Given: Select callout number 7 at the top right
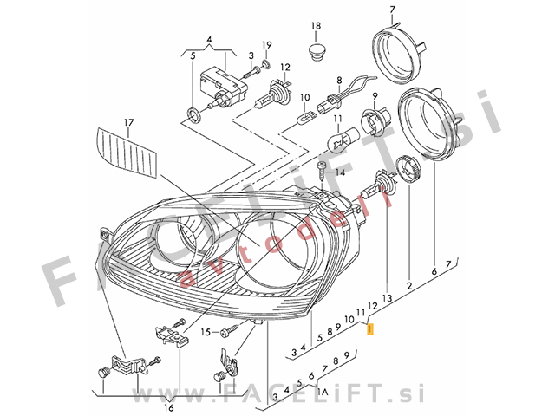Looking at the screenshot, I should click(x=392, y=10).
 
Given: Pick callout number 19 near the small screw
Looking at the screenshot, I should click(x=267, y=45).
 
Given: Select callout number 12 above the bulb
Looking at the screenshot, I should click(x=285, y=67).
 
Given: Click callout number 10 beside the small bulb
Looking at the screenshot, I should click(x=304, y=97).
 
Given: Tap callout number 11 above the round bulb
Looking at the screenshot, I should click(x=341, y=117).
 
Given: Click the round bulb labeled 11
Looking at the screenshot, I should click(x=340, y=138).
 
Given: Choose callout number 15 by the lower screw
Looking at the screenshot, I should click(x=206, y=332).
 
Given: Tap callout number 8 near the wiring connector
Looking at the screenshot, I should click(x=340, y=78).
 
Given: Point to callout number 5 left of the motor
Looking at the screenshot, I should click(x=193, y=56).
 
